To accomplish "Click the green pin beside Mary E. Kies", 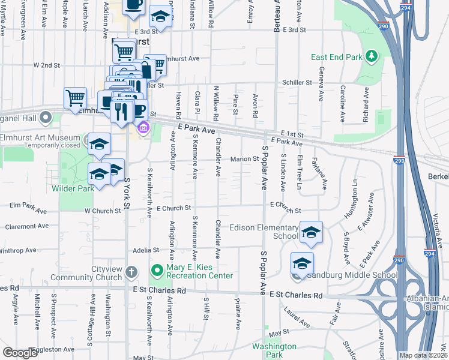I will (x=157, y=271).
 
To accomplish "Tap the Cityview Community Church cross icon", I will (x=131, y=273).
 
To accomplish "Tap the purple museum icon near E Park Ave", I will (x=143, y=128).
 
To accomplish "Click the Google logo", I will (x=20, y=353).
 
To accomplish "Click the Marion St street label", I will (x=244, y=159).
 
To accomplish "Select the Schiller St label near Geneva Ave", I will (x=298, y=82).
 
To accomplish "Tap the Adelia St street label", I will (x=146, y=250).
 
